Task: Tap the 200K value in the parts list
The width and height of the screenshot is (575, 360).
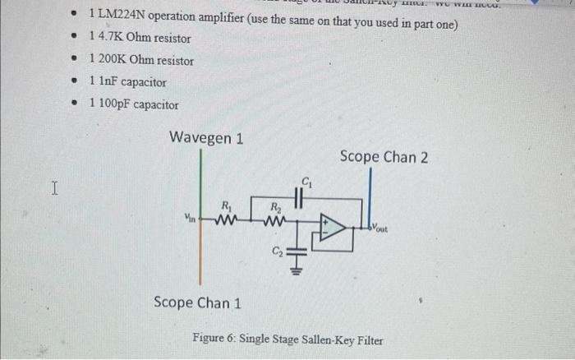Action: (115, 61)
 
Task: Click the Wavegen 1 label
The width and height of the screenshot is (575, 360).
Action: (205, 137)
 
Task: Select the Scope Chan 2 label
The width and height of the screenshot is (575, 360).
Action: (384, 156)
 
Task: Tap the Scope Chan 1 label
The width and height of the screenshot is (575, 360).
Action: (197, 302)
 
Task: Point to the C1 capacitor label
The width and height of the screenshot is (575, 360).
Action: (306, 181)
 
